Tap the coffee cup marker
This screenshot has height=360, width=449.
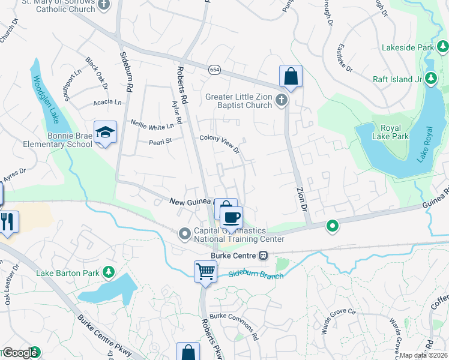tap(231, 217)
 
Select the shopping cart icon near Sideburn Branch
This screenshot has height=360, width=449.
tap(205, 271)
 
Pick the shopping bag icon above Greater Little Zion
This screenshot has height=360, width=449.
tap(291, 76)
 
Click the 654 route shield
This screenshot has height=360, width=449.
tap(214, 70)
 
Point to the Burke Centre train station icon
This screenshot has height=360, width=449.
tap(263, 255)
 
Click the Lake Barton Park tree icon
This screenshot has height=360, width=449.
tap(109, 273)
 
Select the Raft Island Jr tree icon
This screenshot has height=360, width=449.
tap(430, 79)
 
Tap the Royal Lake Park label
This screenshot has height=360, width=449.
tap(394, 132)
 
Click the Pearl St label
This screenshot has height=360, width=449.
tap(160, 142)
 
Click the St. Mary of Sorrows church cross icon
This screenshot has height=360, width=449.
tap(104, 5)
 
